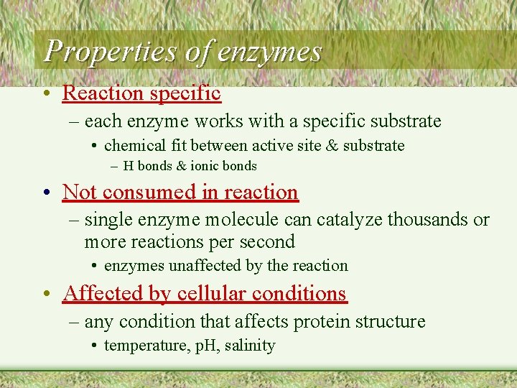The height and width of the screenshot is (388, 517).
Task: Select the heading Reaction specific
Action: pyautogui.click(x=141, y=93)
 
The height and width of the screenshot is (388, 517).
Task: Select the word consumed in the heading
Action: pyautogui.click(x=136, y=193)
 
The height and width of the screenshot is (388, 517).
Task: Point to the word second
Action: pyautogui.click(x=269, y=242)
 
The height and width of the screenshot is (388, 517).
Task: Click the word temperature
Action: pyautogui.click(x=140, y=346)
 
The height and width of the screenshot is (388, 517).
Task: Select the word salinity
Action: pyautogui.click(x=250, y=346)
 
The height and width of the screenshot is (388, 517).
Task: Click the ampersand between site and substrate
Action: pyautogui.click(x=332, y=146)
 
